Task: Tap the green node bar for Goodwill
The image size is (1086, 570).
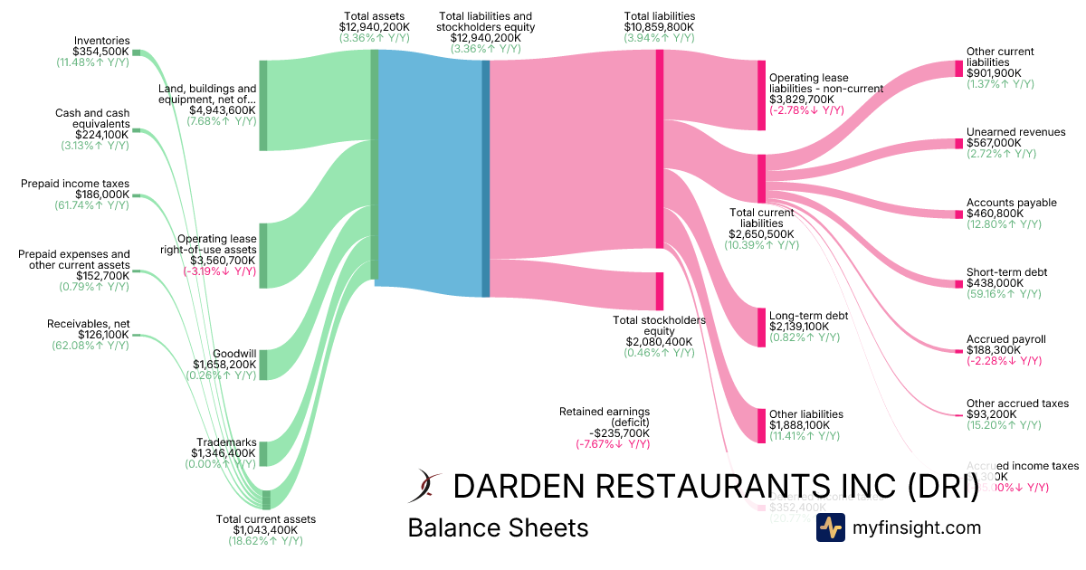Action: (x=263, y=364)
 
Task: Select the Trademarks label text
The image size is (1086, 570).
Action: (x=225, y=442)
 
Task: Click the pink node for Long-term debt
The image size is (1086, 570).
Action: (x=761, y=327)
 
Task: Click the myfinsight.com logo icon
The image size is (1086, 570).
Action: (x=830, y=527)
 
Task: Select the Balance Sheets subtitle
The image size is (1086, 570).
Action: (x=498, y=527)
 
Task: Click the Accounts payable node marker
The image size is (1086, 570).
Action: (x=958, y=214)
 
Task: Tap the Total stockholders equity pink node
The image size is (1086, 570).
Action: (x=660, y=290)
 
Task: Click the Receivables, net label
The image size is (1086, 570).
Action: (x=88, y=324)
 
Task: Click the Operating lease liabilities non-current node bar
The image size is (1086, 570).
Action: (x=761, y=96)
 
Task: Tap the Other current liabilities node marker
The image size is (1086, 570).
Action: (x=958, y=69)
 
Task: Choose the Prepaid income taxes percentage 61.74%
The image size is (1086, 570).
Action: (x=90, y=205)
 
